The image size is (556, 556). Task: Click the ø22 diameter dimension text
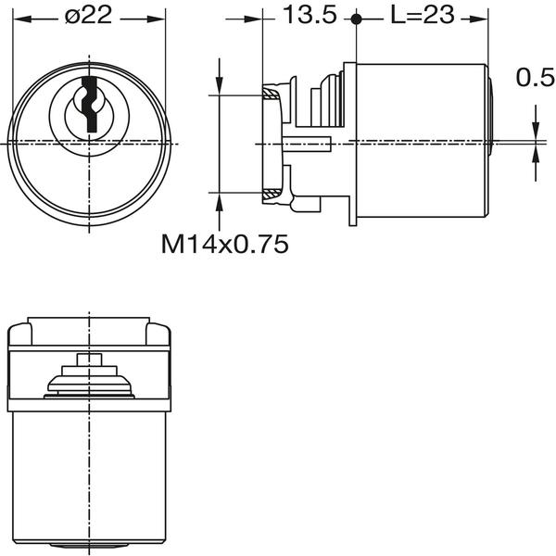click(90, 17)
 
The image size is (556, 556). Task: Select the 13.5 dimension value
click(310, 16)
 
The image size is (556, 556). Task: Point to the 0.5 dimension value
click(535, 79)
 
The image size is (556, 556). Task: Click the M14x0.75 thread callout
click(225, 244)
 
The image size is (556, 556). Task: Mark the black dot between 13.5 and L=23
click(356, 18)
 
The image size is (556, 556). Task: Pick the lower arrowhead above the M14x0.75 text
click(219, 200)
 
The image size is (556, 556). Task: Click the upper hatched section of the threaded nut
click(272, 93)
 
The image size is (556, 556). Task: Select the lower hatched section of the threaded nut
click(272, 193)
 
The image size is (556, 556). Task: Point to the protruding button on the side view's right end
click(491, 115)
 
